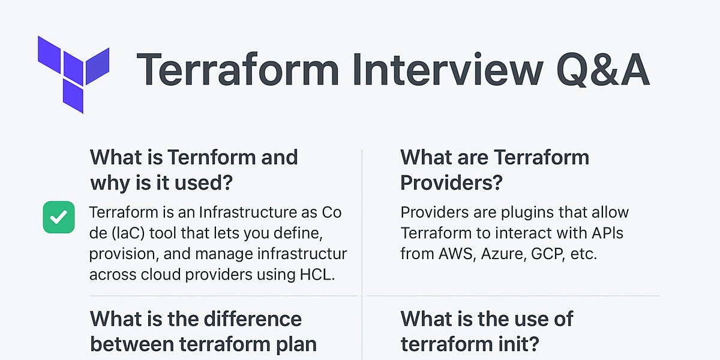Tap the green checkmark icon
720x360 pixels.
point(59,217)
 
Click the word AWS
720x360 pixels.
point(448,253)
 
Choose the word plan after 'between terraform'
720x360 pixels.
point(295,344)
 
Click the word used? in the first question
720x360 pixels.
point(202,183)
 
